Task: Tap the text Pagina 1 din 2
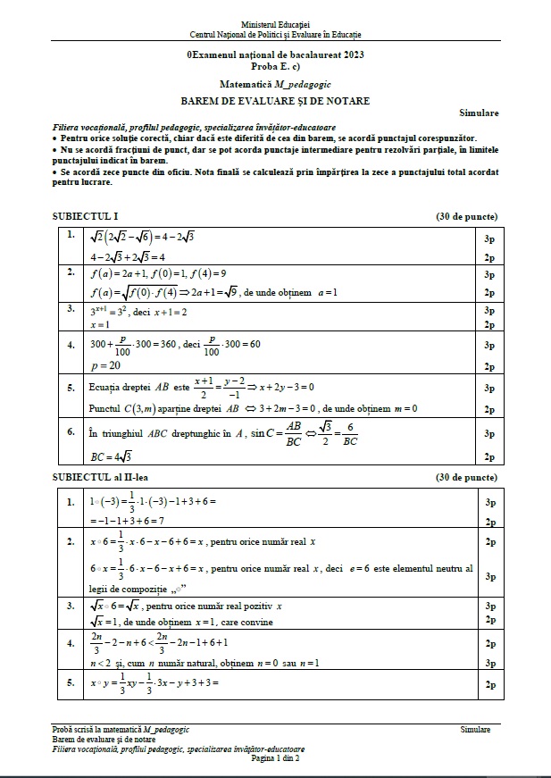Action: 275,757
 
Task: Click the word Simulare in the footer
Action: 475,730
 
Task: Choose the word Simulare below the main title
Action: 480,113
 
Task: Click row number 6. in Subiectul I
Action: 71,431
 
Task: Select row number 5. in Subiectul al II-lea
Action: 71,682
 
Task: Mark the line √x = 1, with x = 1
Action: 180,622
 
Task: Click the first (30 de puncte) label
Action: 466,217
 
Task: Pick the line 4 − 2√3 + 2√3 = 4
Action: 129,256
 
